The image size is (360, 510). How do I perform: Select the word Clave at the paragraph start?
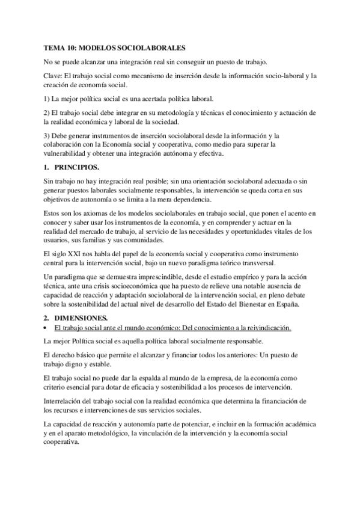pyautogui.click(x=53, y=76)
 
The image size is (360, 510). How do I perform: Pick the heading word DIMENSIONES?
pyautogui.click(x=81, y=317)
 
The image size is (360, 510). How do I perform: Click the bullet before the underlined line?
pyautogui.click(x=46, y=328)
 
